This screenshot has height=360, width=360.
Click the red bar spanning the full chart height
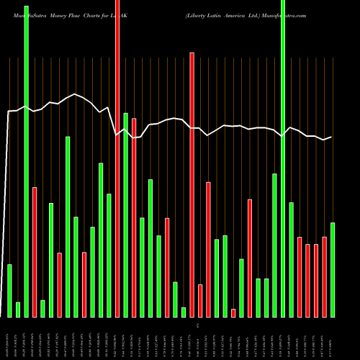click(x=117, y=158)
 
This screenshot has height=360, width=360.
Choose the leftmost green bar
click(x=10, y=291)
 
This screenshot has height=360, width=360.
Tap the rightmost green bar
click(x=333, y=270)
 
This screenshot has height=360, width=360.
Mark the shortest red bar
click(x=233, y=312)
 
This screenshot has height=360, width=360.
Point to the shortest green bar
click(x=184, y=312)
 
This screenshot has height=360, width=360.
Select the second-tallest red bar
click(x=192, y=184)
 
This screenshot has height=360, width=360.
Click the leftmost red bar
click(x=35, y=252)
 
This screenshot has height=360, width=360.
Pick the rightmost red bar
click(x=324, y=276)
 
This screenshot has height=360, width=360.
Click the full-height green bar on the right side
click(x=283, y=158)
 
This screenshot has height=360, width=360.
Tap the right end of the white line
click(x=331, y=137)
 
